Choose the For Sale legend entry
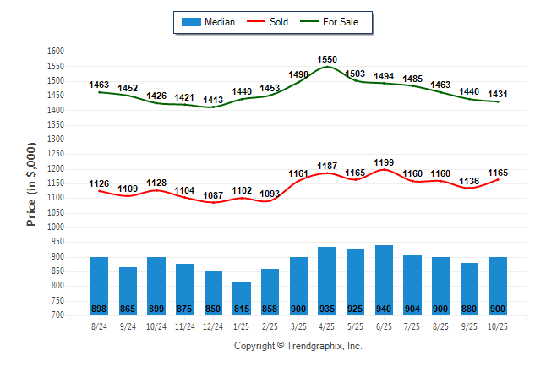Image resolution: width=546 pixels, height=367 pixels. click(x=341, y=21)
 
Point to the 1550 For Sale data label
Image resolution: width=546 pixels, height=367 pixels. click(x=327, y=59)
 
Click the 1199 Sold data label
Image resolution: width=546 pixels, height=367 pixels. click(x=384, y=162)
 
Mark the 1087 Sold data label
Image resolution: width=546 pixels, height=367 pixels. click(x=213, y=194)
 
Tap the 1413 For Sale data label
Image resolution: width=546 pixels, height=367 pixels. click(x=213, y=100)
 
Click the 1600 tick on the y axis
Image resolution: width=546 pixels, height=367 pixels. click(x=56, y=52)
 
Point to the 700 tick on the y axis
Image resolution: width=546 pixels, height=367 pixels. click(x=58, y=315)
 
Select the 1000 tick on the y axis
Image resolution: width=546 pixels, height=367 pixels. click(x=56, y=227)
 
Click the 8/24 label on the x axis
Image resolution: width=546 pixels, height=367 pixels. click(x=100, y=326)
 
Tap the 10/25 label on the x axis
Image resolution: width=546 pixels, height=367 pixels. click(x=498, y=326)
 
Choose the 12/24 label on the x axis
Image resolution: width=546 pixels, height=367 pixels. click(x=213, y=326)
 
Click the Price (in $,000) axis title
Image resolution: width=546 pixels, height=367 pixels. click(x=31, y=183)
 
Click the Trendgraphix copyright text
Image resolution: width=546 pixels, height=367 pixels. click(x=298, y=346)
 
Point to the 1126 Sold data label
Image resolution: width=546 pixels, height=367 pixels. click(x=100, y=183)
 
